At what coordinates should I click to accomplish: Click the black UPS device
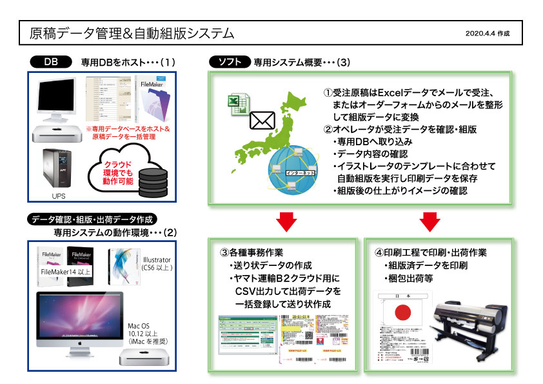(x=59, y=167)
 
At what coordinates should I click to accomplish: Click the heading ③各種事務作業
(x=252, y=252)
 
